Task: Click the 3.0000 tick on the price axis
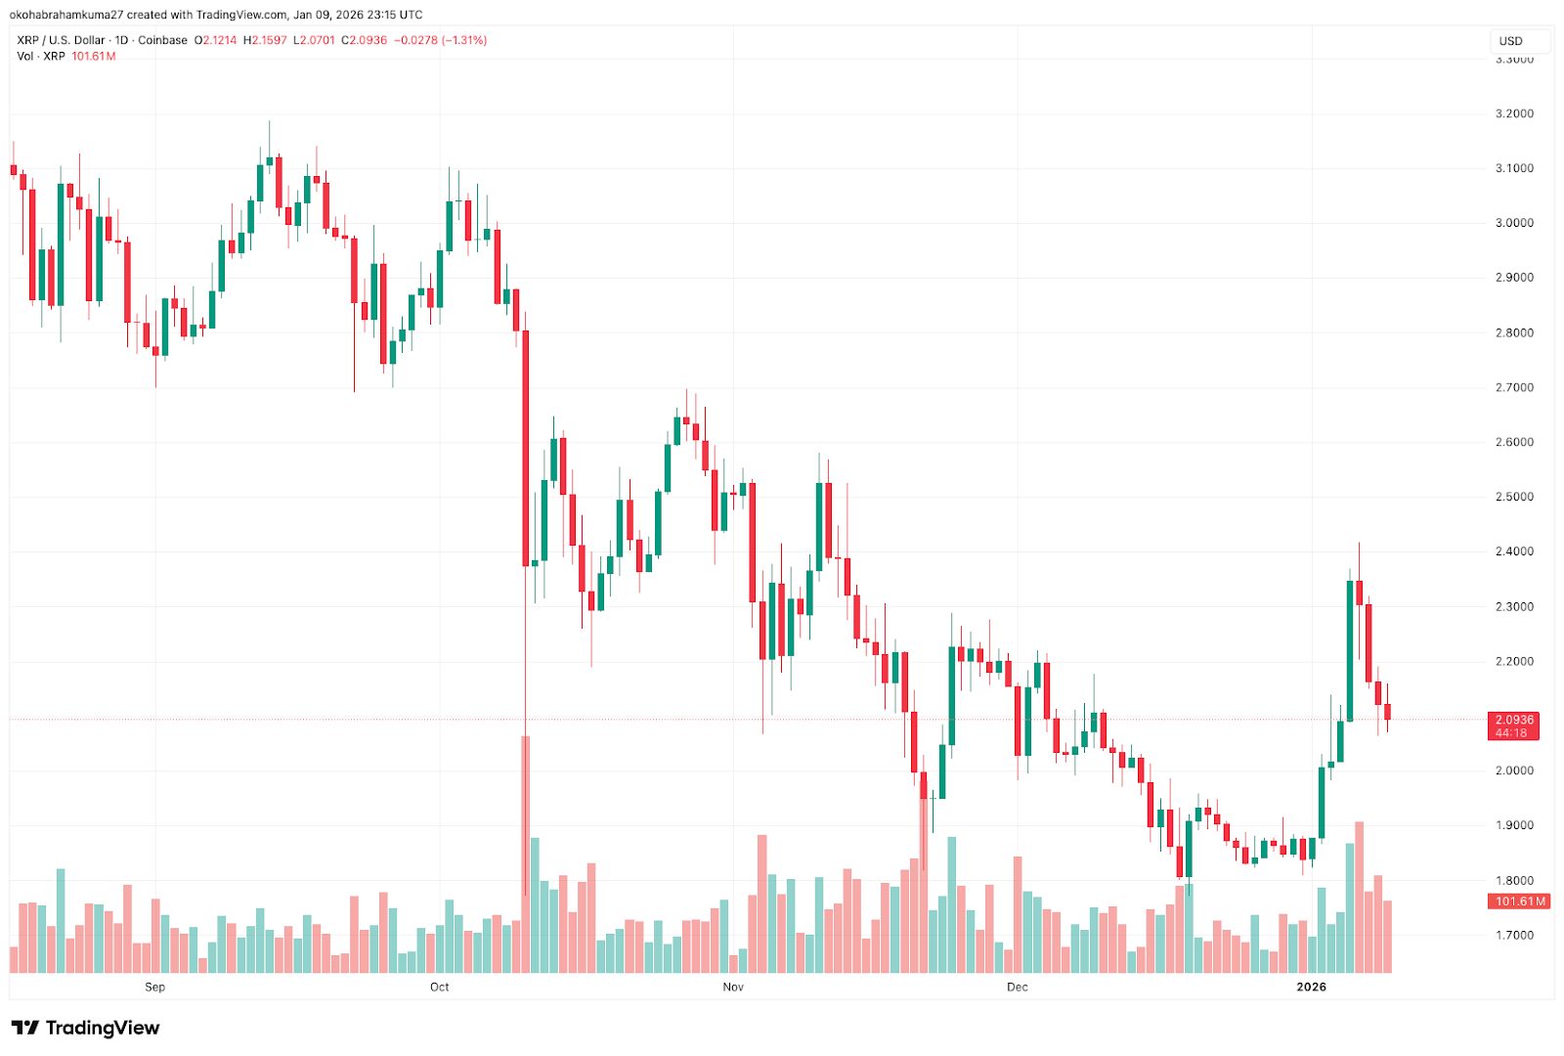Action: (1514, 223)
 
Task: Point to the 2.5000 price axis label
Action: (1514, 497)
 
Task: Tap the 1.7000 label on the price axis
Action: (1514, 935)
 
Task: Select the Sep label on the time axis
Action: (154, 987)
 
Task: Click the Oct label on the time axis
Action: (440, 987)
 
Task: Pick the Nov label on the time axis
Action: (733, 987)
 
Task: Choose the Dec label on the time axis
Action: (1018, 987)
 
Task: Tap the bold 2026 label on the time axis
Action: (1311, 987)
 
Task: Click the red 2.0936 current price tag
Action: (1514, 720)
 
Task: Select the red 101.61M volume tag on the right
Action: (1520, 902)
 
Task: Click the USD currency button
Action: (1511, 41)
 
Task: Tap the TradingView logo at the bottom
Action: (85, 1028)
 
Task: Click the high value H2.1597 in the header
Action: (266, 40)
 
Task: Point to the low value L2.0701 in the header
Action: (315, 40)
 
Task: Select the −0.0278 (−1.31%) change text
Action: (440, 40)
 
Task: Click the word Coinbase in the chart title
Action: (162, 40)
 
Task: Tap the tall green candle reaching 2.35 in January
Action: (1350, 650)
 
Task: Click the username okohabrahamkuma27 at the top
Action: (66, 15)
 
